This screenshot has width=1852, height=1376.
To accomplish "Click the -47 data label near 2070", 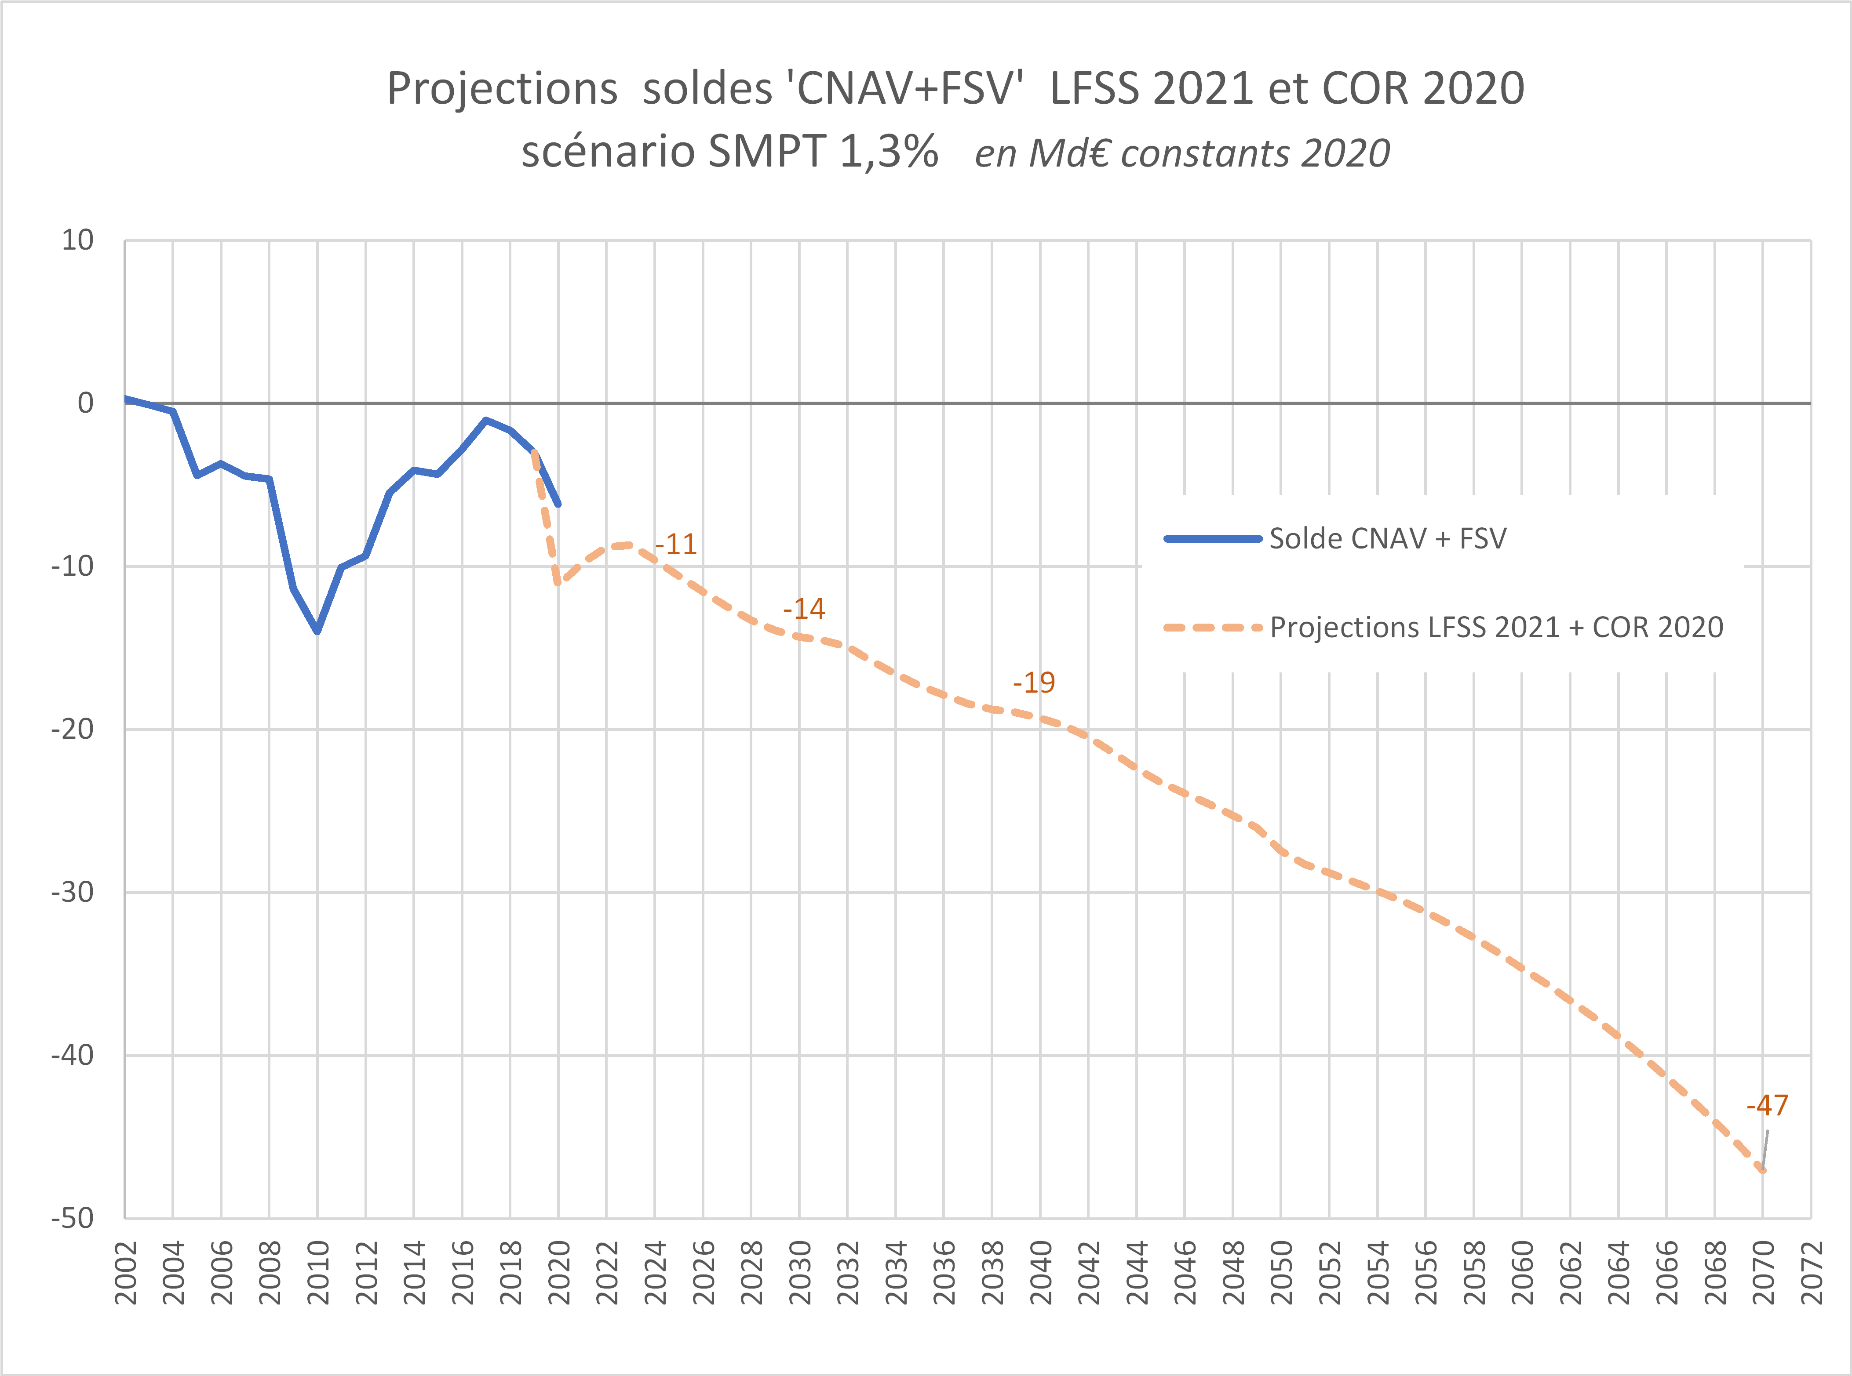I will [x=1767, y=1105].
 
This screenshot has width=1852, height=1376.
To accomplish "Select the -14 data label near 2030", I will [x=804, y=609].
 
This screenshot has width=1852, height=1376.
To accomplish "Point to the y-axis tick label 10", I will [x=77, y=241].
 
